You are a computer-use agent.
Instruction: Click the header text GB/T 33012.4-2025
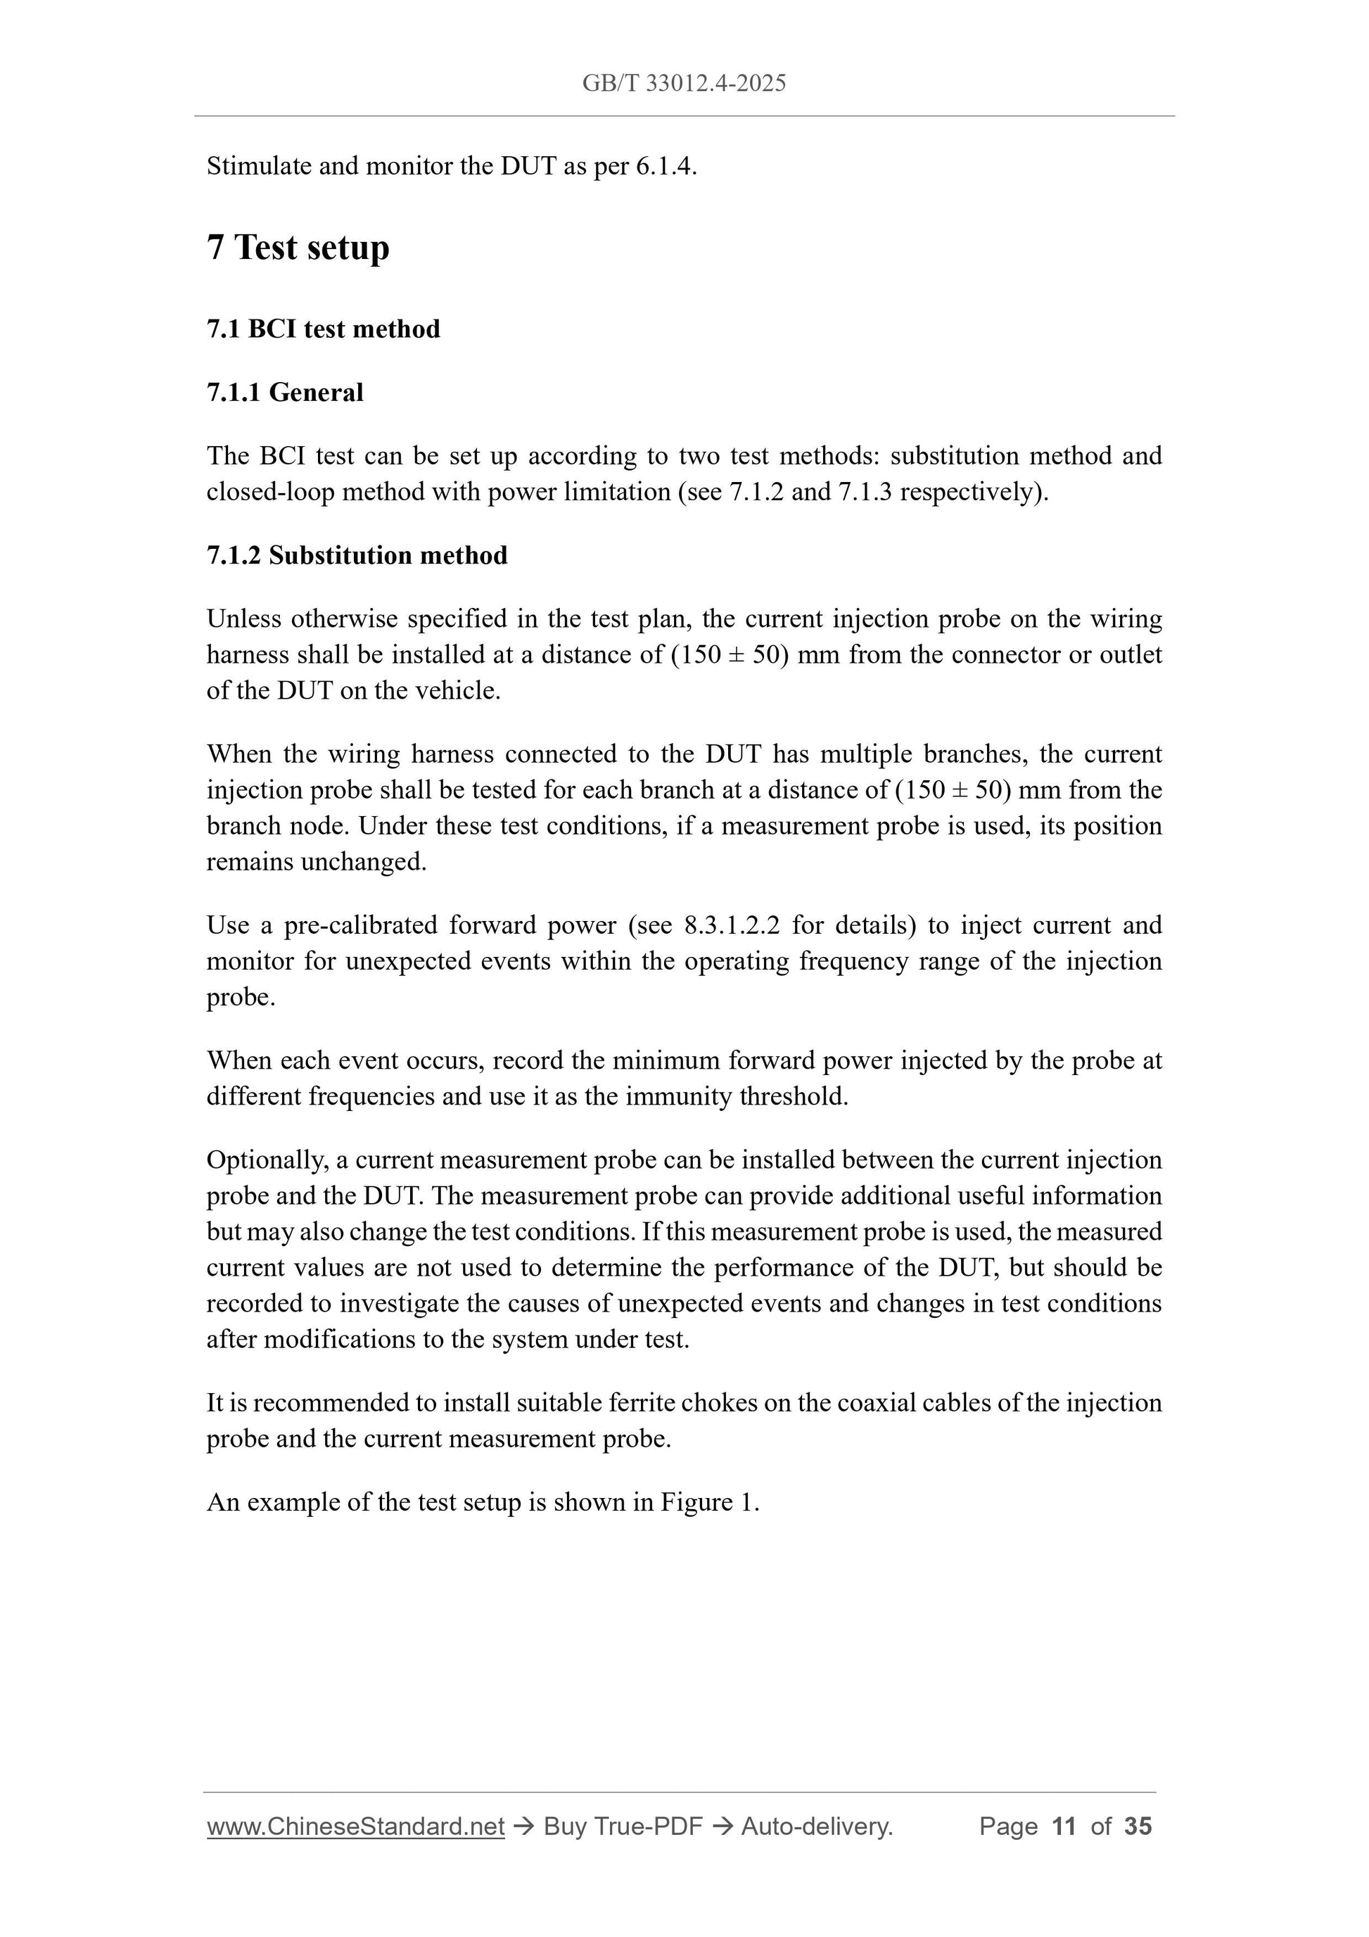coord(684,83)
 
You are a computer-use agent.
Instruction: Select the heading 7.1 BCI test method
coord(323,329)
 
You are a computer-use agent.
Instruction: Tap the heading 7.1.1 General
coord(285,393)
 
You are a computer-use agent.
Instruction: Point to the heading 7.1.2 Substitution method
coord(357,555)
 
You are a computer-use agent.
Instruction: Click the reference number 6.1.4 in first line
coord(664,166)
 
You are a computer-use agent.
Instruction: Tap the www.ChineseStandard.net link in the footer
coord(355,1827)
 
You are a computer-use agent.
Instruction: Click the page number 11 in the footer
coord(1064,1827)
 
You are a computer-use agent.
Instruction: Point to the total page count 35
coord(1138,1827)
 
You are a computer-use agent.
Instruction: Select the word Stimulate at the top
coord(258,166)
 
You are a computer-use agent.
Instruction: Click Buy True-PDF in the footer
coord(623,1827)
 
